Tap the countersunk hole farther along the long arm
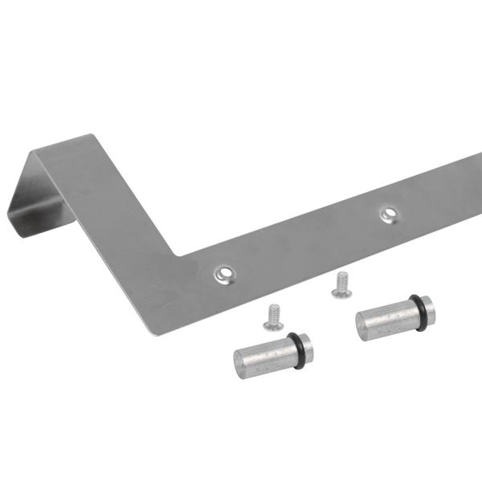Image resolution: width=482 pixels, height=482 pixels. click(x=390, y=214)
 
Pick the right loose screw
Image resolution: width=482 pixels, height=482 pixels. click(x=341, y=284)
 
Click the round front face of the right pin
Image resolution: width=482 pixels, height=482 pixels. click(x=366, y=324)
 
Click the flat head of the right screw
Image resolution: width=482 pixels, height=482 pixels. click(x=340, y=291)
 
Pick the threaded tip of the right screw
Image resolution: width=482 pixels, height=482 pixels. click(x=342, y=276)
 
